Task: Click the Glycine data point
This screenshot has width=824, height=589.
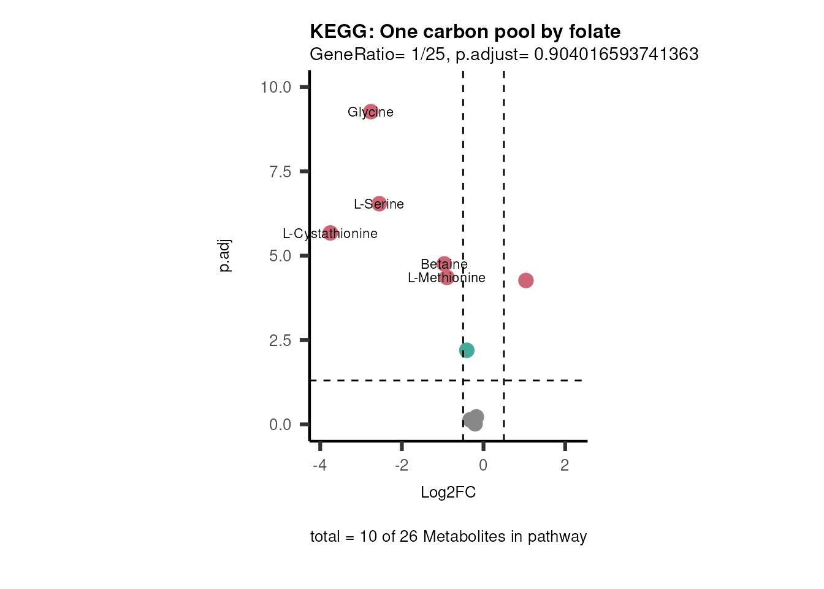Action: pyautogui.click(x=370, y=112)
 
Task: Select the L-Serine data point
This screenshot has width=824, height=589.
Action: pyautogui.click(x=379, y=204)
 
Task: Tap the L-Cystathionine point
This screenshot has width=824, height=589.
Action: pyautogui.click(x=330, y=233)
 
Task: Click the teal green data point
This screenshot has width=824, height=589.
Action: pyautogui.click(x=467, y=350)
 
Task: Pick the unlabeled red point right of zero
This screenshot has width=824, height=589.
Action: pyautogui.click(x=525, y=280)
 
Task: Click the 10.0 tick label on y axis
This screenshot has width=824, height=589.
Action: pyautogui.click(x=276, y=87)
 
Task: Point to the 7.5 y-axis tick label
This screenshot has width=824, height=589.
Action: pyautogui.click(x=280, y=172)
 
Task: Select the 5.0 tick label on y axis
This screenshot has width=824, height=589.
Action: pyautogui.click(x=280, y=256)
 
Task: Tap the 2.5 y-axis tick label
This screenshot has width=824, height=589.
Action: pyautogui.click(x=280, y=341)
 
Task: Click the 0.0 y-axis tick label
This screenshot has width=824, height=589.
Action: pyautogui.click(x=280, y=425)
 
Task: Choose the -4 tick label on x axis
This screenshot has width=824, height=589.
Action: pyautogui.click(x=319, y=465)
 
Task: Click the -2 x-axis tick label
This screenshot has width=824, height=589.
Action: pyautogui.click(x=401, y=465)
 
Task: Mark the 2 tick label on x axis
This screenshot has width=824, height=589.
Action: pyautogui.click(x=565, y=465)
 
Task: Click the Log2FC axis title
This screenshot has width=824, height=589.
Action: pyautogui.click(x=448, y=493)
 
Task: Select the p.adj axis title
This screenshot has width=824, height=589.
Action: pyautogui.click(x=225, y=256)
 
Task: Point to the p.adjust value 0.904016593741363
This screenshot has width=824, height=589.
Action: pyautogui.click(x=616, y=55)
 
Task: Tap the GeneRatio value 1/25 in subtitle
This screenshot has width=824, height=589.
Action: pyautogui.click(x=428, y=55)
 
